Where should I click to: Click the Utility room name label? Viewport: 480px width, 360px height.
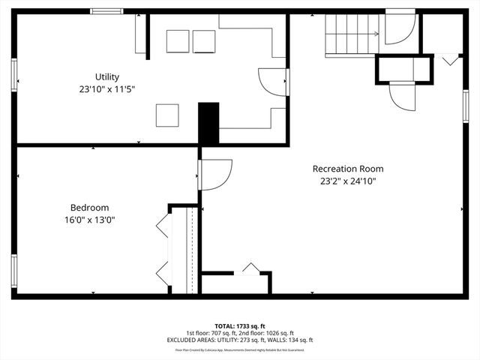point(106,76)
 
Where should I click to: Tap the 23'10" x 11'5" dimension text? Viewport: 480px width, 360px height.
point(106,88)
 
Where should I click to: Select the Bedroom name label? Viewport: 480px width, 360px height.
point(89,208)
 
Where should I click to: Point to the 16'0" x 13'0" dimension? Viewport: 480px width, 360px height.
point(89,220)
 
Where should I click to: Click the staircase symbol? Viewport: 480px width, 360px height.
point(350,35)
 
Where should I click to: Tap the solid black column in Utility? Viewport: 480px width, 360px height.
point(208,123)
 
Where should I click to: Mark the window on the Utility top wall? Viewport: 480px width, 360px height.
point(106,11)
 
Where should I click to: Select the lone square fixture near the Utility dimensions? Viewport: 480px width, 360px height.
point(167,115)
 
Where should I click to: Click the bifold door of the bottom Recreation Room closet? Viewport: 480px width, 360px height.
point(250,268)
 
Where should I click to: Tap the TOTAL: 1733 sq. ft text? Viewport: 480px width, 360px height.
point(240,326)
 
